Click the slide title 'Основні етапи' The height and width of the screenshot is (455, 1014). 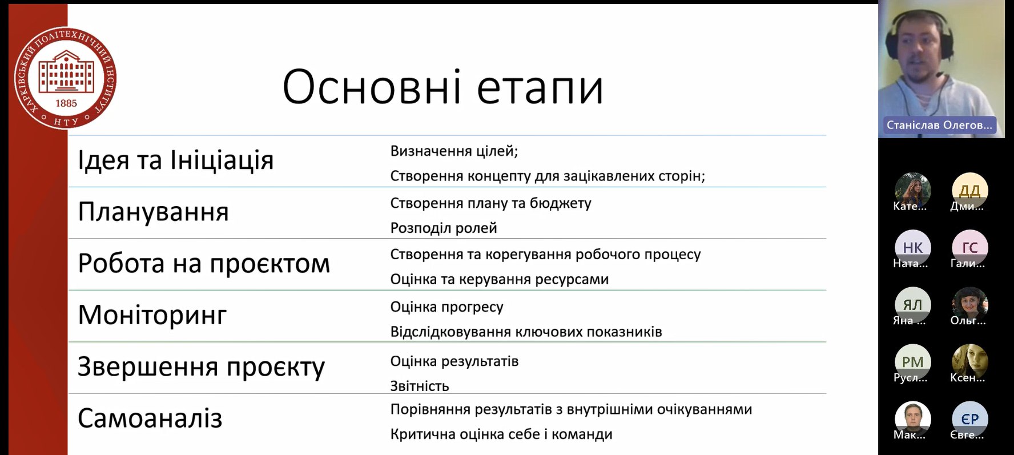point(443,87)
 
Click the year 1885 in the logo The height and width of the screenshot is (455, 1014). point(66,103)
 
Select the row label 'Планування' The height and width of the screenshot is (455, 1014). point(153,212)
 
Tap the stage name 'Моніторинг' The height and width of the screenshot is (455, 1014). point(152,315)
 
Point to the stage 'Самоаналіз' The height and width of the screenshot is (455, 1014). point(150,418)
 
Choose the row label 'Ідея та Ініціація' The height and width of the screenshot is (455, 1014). point(176,160)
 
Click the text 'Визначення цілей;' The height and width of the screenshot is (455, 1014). point(454,151)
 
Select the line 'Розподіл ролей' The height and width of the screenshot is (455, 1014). point(444,228)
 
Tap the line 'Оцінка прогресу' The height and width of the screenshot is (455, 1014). point(446,307)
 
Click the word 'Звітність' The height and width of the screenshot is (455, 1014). point(420,386)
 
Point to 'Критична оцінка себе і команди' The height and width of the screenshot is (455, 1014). point(501,434)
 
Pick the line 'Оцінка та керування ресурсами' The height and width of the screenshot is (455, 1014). point(500,280)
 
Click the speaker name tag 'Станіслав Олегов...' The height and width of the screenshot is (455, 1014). point(939,125)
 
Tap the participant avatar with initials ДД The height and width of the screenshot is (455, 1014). point(969,191)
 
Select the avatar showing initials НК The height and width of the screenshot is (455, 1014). point(912,248)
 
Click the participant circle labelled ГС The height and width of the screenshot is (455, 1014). point(969,248)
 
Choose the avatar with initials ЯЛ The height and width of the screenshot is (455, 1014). point(912,305)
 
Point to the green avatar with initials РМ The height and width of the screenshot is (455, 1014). point(912,362)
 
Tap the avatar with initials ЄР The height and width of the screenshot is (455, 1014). point(969,419)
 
